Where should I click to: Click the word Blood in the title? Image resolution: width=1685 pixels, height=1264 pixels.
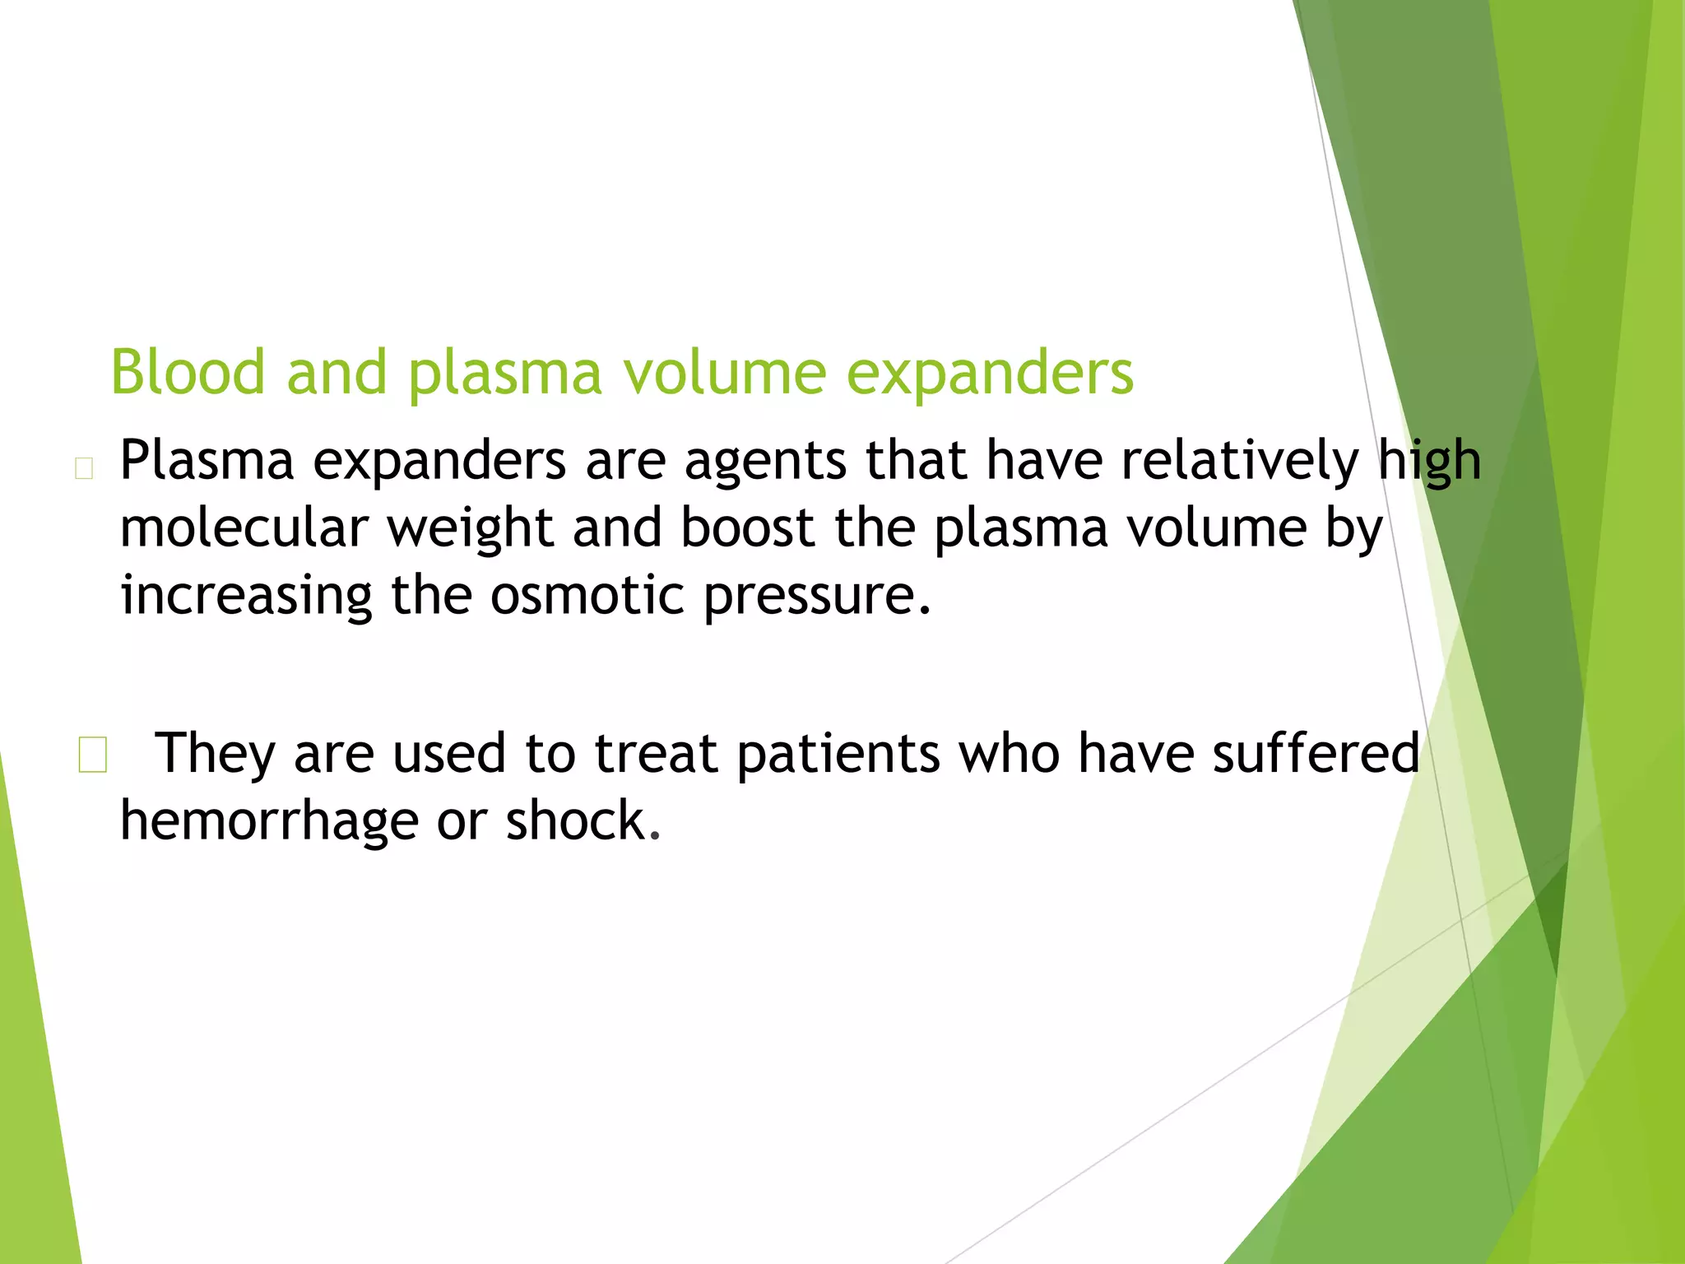(188, 372)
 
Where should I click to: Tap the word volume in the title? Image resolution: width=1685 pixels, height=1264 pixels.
(723, 372)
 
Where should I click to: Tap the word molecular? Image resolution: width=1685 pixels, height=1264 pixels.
(244, 527)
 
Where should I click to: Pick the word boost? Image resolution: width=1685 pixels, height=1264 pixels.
(747, 527)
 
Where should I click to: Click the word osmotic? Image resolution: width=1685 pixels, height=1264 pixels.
(587, 595)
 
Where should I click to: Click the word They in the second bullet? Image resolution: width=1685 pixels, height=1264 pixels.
(215, 755)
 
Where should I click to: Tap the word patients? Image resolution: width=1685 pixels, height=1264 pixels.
(838, 755)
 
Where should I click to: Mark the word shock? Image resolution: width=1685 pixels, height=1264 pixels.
(582, 821)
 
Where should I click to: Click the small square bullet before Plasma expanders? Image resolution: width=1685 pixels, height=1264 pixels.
(83, 468)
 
